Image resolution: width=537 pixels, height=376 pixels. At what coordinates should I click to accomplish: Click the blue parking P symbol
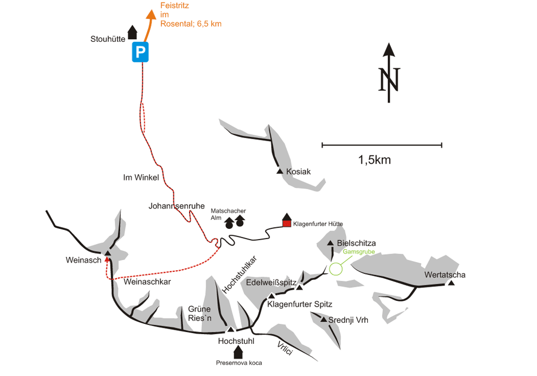click(141, 52)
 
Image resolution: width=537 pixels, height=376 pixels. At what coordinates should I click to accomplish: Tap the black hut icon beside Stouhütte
click(132, 33)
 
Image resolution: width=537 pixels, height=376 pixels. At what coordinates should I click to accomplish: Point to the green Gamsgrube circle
click(336, 269)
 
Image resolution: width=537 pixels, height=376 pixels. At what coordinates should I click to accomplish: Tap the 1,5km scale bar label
click(374, 160)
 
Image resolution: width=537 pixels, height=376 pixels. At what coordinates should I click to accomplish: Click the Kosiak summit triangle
click(280, 171)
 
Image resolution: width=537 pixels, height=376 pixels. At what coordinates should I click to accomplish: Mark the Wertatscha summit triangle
click(452, 283)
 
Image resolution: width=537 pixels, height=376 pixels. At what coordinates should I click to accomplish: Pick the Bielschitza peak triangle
click(330, 243)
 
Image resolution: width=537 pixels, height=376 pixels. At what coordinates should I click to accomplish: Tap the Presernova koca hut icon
click(238, 352)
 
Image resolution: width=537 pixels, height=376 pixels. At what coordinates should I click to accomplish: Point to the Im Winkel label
click(141, 178)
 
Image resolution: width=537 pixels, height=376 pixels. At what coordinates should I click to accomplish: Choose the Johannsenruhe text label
click(174, 206)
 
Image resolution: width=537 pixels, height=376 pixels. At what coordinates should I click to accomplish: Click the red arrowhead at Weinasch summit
click(107, 259)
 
